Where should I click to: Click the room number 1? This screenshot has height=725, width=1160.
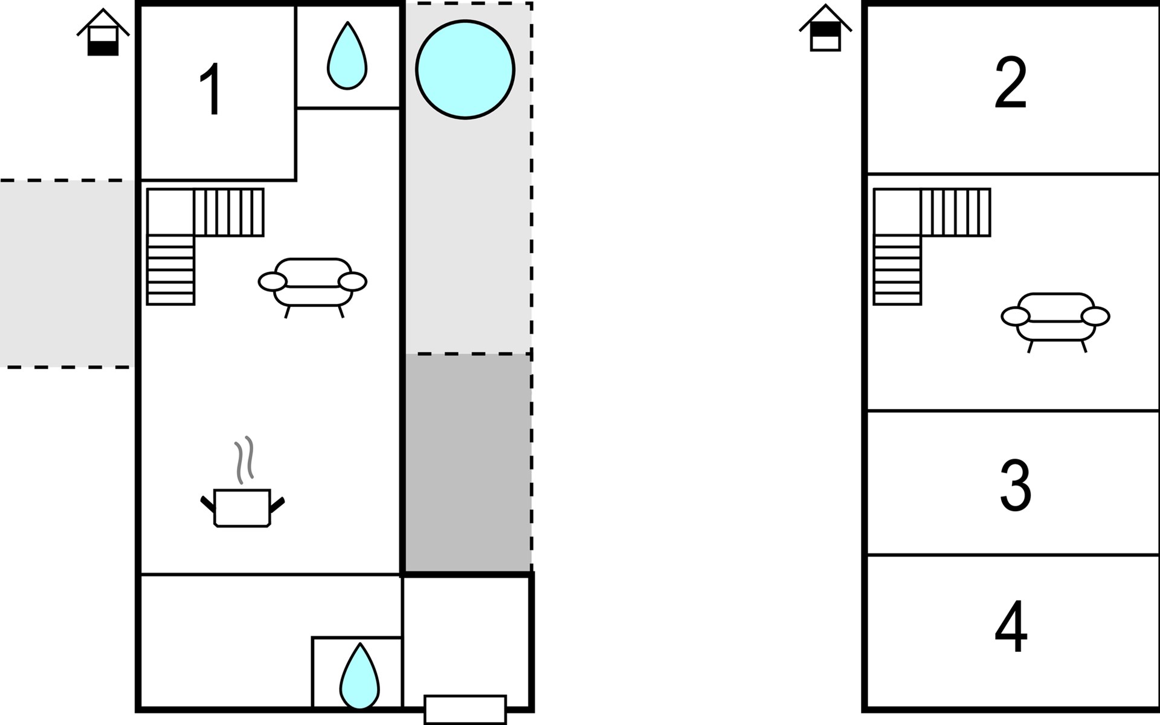point(212,89)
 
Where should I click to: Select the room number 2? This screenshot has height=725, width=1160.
point(1011,83)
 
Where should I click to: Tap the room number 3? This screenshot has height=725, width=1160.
point(1015,485)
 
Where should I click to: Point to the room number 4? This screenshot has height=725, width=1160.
point(1011,627)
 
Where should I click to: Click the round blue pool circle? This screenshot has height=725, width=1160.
point(465,69)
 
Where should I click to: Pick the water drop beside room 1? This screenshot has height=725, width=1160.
point(347,56)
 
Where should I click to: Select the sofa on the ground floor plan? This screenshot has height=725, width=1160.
point(312,288)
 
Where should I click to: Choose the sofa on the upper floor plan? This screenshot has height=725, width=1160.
point(1055,322)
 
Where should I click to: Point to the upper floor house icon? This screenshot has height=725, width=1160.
point(825,28)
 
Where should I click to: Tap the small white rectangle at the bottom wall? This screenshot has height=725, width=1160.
point(465,709)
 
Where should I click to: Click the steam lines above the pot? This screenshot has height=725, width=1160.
point(244,460)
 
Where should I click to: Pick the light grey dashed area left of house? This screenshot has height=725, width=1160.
point(67,274)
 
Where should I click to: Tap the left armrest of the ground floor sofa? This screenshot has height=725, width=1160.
point(272,282)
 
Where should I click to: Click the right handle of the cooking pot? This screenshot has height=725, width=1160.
point(277,504)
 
